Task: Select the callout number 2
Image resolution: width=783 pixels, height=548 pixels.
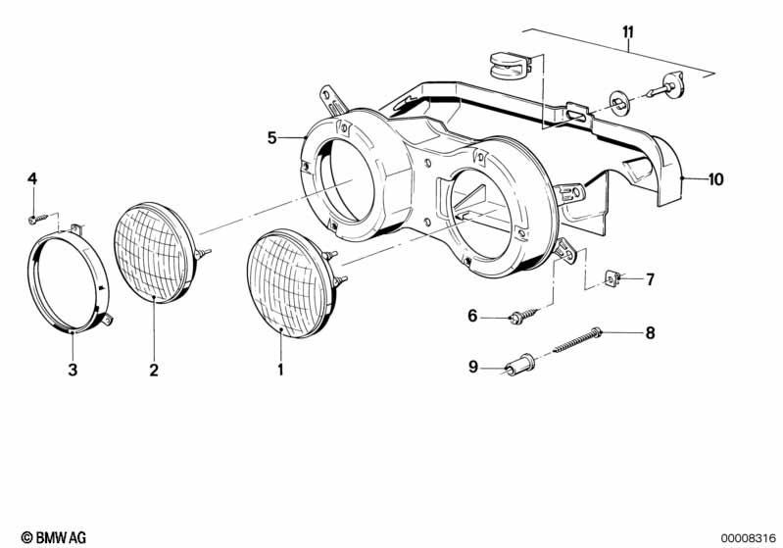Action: click(x=154, y=370)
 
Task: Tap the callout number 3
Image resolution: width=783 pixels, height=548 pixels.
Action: click(x=73, y=370)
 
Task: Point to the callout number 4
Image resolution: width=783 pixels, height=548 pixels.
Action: click(x=31, y=178)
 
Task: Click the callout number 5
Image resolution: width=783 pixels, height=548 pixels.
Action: click(x=271, y=137)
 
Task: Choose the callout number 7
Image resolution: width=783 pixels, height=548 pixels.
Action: click(x=649, y=279)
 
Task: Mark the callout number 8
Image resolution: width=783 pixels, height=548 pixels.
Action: click(x=649, y=333)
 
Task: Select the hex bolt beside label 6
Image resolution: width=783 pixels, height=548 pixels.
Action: click(x=518, y=316)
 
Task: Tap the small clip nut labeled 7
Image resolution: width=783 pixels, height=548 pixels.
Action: click(x=612, y=279)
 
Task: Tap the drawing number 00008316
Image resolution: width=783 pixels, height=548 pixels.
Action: click(x=748, y=537)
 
